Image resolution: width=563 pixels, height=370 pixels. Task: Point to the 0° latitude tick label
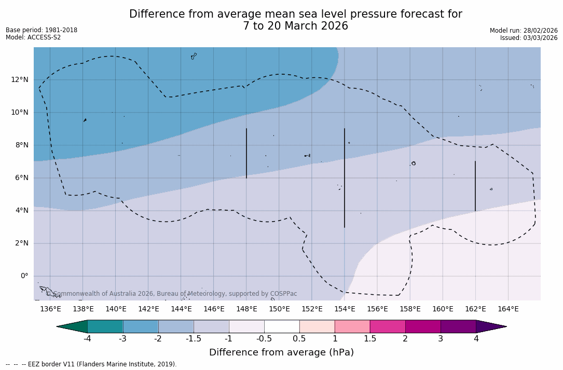pyautogui.click(x=24, y=276)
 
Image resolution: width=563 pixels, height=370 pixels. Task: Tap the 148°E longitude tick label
pyautogui.click(x=246, y=309)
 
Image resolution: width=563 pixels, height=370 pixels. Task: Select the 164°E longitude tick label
pyautogui.click(x=508, y=309)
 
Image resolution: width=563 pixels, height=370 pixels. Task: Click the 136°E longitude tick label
pyautogui.click(x=50, y=309)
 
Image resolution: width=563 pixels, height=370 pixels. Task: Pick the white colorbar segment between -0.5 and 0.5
pyautogui.click(x=282, y=326)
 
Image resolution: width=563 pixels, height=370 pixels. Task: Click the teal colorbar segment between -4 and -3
pyautogui.click(x=105, y=326)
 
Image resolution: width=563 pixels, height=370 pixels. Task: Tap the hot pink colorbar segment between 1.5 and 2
pyautogui.click(x=388, y=326)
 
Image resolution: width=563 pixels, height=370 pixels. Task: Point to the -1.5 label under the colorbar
pyautogui.click(x=194, y=339)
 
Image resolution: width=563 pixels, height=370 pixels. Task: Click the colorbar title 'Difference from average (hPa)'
pyautogui.click(x=281, y=353)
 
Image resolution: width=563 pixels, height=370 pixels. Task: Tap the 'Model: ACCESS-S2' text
pyautogui.click(x=33, y=37)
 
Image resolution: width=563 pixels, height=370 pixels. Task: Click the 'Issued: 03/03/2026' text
pyautogui.click(x=529, y=38)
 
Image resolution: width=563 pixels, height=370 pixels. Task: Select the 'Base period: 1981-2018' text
pyautogui.click(x=42, y=30)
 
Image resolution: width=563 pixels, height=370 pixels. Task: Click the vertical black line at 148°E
pyautogui.click(x=246, y=153)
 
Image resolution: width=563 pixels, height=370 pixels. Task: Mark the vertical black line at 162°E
pyautogui.click(x=475, y=186)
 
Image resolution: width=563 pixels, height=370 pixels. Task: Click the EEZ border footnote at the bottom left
pyautogui.click(x=91, y=364)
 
